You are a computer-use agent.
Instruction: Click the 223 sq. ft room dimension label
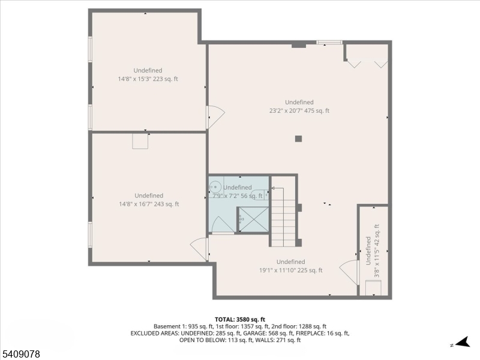click(x=148, y=79)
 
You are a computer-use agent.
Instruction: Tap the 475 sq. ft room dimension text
click(x=299, y=110)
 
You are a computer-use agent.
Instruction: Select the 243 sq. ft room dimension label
click(x=148, y=204)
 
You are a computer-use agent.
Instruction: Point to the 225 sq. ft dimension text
click(x=290, y=270)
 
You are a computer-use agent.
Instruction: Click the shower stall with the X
click(x=253, y=219)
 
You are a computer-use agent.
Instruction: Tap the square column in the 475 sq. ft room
click(x=298, y=139)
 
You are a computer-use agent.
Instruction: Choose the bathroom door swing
click(x=223, y=226)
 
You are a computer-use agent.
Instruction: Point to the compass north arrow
click(x=460, y=343)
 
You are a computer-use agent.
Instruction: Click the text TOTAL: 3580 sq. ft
click(x=240, y=319)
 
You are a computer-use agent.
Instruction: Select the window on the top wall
click(x=329, y=43)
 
